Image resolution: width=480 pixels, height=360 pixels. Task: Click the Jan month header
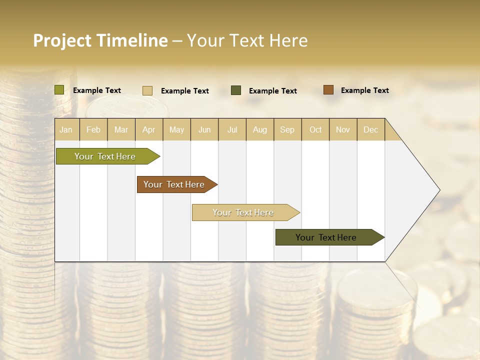coord(66,129)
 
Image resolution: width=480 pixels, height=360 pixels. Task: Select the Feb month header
coord(93,129)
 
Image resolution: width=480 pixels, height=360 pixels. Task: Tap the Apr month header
coord(148,129)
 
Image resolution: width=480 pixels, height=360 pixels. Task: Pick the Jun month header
coord(204,129)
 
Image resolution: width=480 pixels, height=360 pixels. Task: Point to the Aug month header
coord(259,129)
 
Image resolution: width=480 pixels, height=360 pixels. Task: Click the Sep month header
coord(287,129)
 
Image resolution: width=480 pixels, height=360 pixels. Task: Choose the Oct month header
coord(315,129)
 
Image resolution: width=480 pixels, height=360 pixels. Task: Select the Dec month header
coord(370,129)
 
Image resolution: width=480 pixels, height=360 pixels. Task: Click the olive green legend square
coord(59,90)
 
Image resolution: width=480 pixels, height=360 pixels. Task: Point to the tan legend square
coord(147,90)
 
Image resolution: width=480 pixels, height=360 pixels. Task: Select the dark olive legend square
coord(236,90)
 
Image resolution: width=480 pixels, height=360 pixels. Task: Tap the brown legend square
coord(328,90)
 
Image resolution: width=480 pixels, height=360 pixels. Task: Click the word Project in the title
coord(62,40)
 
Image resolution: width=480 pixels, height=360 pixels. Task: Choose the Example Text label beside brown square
coord(364,90)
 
